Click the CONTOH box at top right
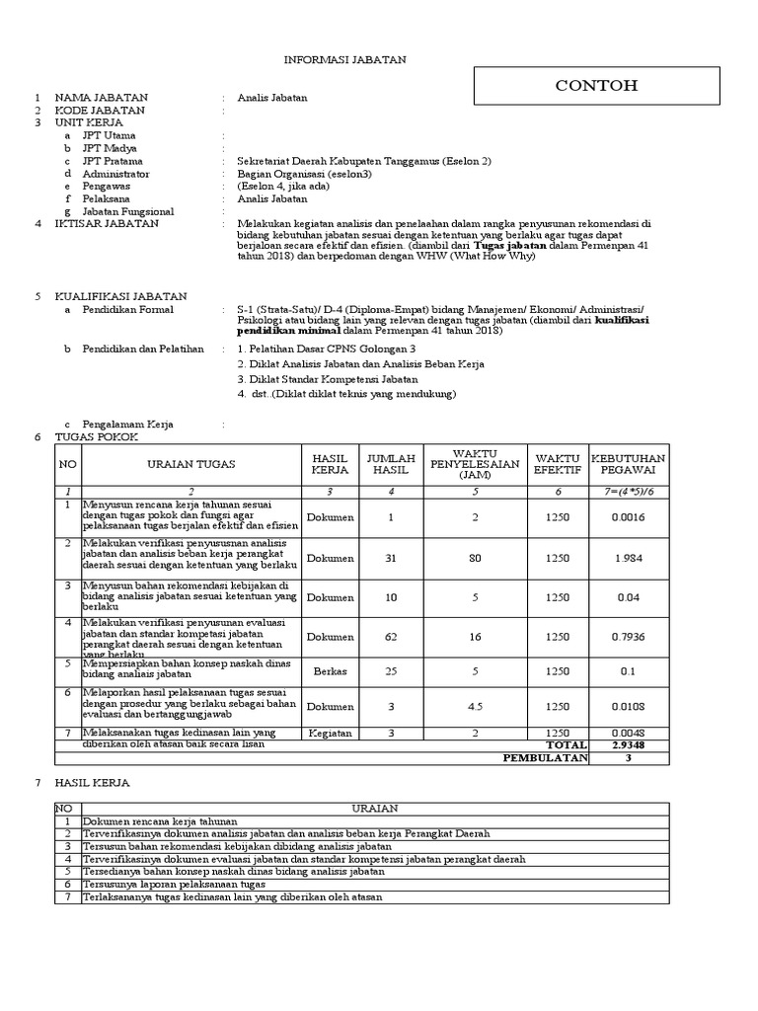point(595,86)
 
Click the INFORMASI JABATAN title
point(344,60)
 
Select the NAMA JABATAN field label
point(101,98)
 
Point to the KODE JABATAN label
point(100,111)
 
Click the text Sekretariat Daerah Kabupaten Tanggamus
point(363,161)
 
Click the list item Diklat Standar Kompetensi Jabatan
point(327,379)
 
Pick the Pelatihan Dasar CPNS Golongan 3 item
point(327,350)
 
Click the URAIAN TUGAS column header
point(191,464)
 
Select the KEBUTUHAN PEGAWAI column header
point(628,464)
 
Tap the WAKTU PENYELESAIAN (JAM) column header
point(475,464)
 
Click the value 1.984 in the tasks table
point(628,558)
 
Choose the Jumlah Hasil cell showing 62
point(391,637)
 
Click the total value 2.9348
point(628,744)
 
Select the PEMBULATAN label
point(545,757)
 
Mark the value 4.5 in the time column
point(475,706)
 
